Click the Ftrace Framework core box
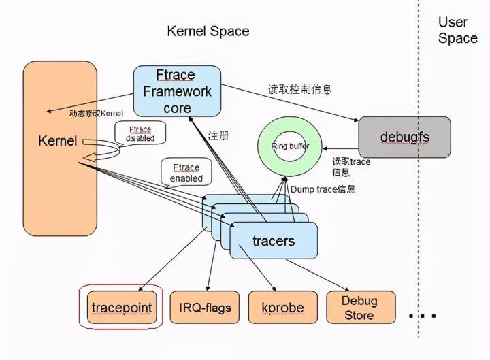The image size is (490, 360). pos(177,91)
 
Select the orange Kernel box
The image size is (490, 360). pos(60,148)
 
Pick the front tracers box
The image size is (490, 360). pos(274,241)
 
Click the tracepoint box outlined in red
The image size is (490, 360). pos(122,308)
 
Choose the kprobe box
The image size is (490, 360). pos(282,308)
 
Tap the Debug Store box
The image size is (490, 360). pos(359,308)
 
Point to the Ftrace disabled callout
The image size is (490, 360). pos(140,133)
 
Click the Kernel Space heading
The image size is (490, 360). pos(208,31)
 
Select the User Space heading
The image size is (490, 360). pos(457,31)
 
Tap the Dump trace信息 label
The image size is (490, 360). pos(323,189)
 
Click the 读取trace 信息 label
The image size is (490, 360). pos(351,167)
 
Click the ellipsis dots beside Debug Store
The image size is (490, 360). pos(422,316)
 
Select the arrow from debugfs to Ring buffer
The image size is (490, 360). pos(340,146)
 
